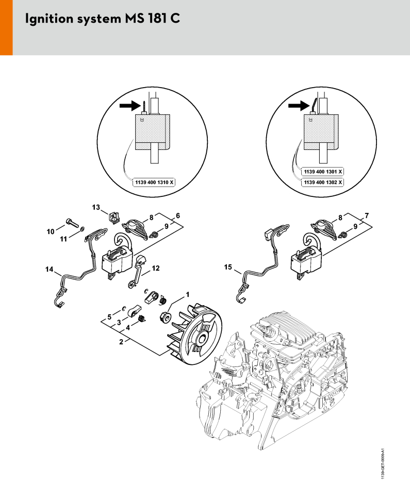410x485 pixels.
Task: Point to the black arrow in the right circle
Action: (298, 106)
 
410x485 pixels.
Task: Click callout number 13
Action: (96, 207)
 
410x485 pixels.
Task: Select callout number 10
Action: (50, 232)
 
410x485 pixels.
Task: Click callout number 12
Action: (155, 267)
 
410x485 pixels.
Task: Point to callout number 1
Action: (187, 294)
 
